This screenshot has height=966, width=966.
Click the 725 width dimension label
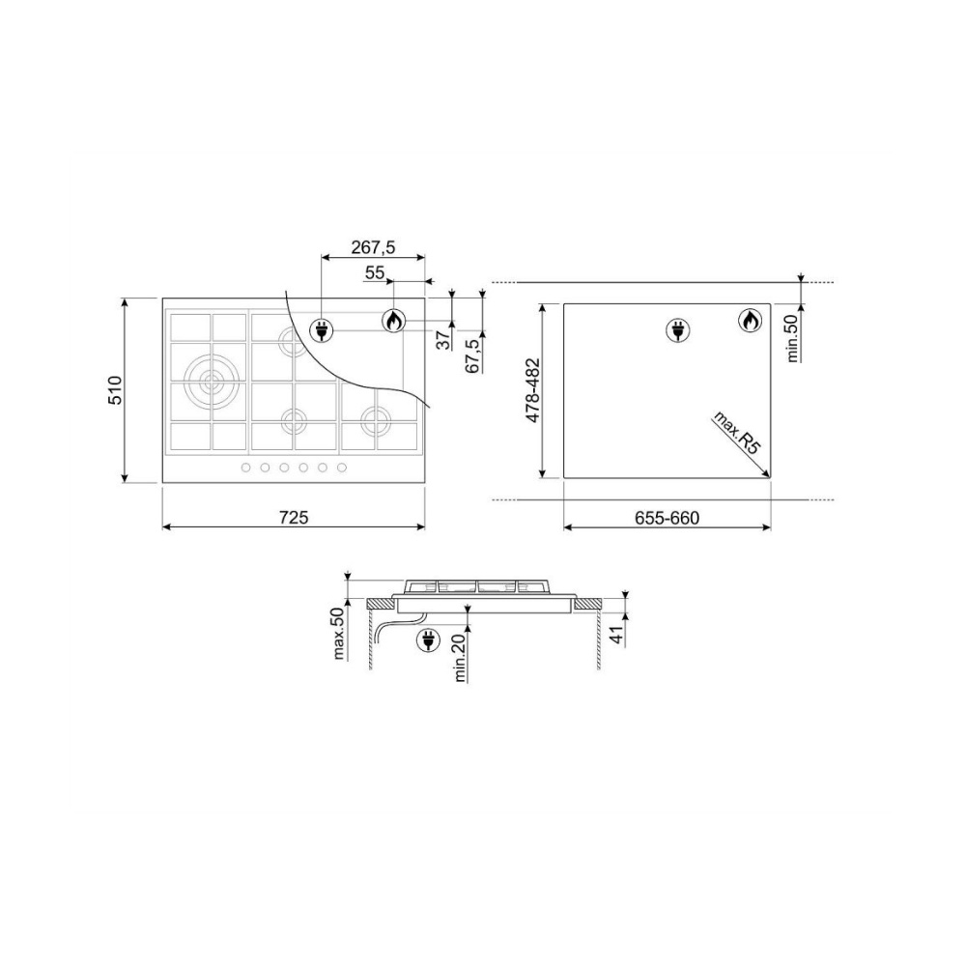[294, 517]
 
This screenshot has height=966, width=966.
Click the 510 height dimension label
[116, 390]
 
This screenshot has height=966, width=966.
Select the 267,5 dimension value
[373, 247]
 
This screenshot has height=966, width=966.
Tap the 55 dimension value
[375, 272]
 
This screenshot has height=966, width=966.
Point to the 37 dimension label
[443, 339]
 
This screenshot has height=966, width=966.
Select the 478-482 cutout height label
[532, 390]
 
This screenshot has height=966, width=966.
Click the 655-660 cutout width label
[668, 518]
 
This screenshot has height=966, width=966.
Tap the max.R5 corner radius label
[736, 433]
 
